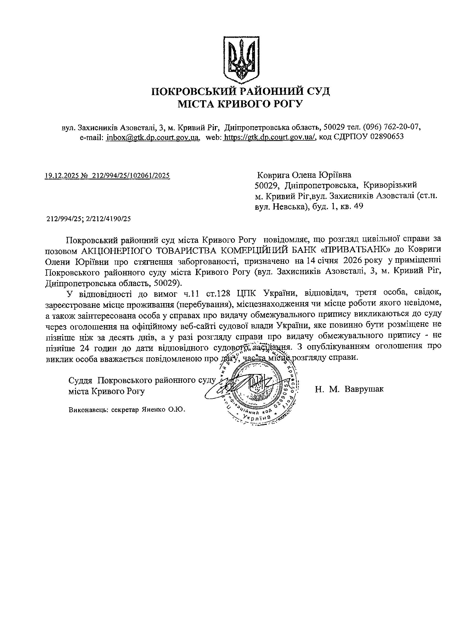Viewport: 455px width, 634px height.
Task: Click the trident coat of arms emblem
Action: (x=241, y=60)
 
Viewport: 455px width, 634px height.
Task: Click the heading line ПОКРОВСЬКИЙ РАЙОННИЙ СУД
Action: (x=241, y=92)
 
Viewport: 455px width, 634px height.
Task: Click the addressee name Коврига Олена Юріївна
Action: (x=304, y=175)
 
